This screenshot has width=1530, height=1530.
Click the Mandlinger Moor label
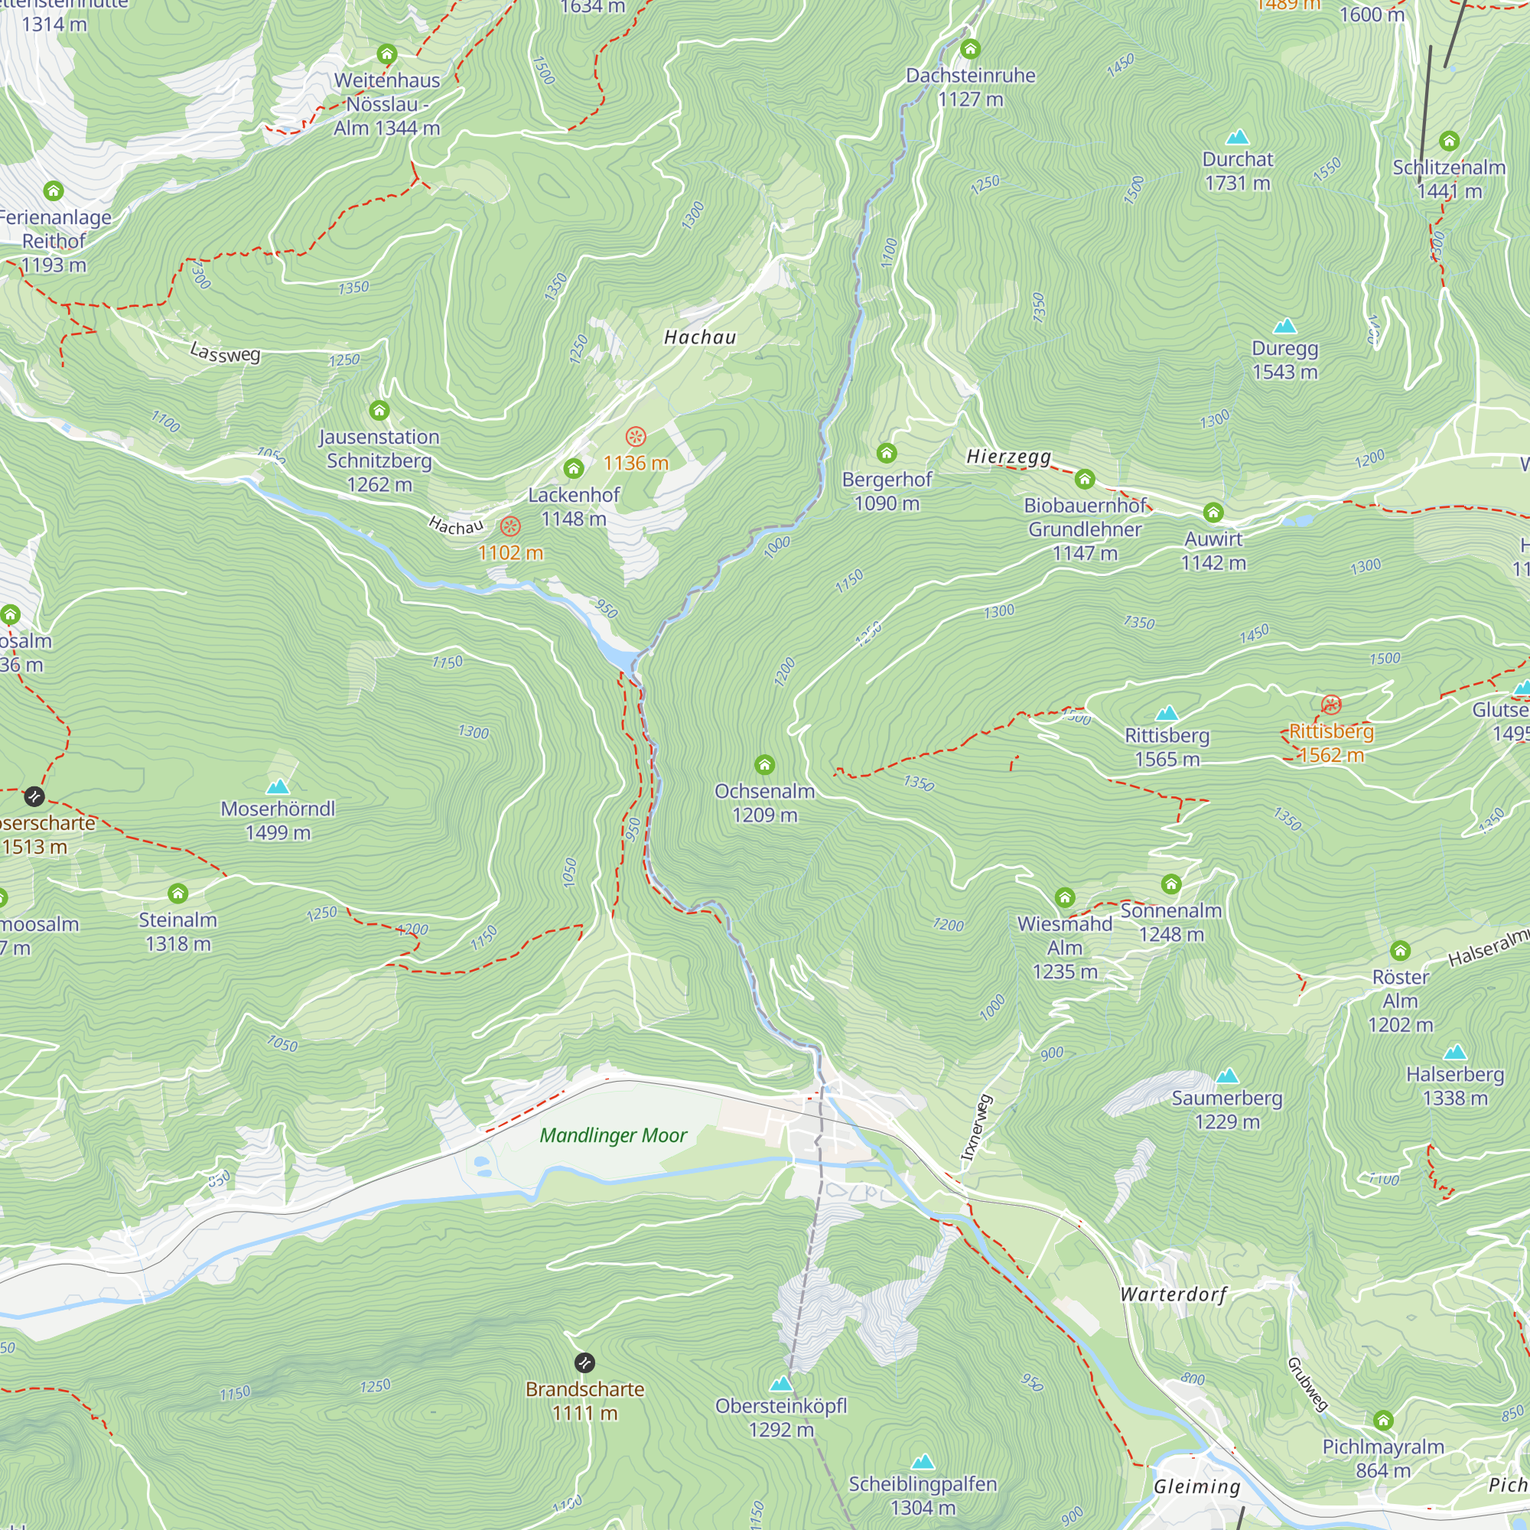click(613, 1135)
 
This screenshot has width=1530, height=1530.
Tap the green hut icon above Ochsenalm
click(764, 764)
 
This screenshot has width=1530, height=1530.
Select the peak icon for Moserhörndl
click(278, 786)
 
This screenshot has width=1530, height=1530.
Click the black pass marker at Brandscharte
click(584, 1363)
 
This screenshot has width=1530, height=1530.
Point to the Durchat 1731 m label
click(1237, 171)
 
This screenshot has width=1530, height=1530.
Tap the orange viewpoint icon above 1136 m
click(635, 436)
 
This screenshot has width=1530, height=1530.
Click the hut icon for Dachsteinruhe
click(970, 49)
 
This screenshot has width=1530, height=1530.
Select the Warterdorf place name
click(1174, 1295)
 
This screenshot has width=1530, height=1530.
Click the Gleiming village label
click(1196, 1486)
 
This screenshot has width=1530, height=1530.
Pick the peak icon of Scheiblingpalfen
click(923, 1461)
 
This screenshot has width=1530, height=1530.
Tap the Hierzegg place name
click(1009, 456)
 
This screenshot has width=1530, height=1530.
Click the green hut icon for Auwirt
click(1213, 513)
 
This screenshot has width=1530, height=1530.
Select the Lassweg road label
click(225, 352)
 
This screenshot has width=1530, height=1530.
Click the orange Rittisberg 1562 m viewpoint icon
click(1331, 704)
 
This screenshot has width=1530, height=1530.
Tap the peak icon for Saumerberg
click(1227, 1076)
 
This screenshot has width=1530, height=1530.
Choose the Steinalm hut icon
click(178, 894)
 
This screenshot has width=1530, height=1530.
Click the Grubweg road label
click(1307, 1383)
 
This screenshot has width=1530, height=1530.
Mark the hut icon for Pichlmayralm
click(1383, 1420)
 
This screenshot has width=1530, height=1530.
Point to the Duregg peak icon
click(1284, 327)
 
